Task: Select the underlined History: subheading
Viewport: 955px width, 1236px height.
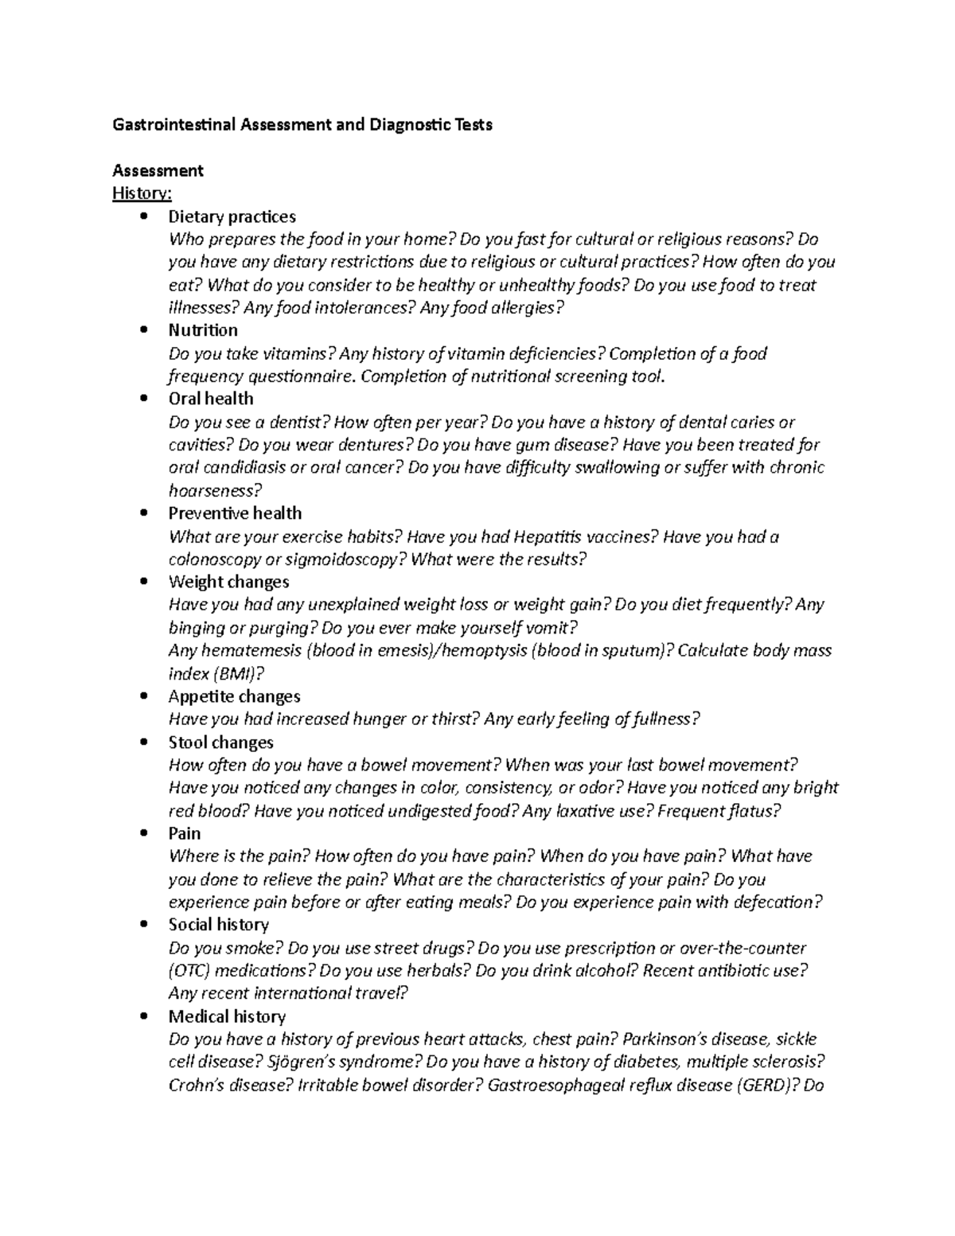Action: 142,193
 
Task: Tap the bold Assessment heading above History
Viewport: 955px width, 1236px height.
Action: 158,170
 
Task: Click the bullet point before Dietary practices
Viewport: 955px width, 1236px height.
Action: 143,216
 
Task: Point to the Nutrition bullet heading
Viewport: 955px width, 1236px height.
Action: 203,330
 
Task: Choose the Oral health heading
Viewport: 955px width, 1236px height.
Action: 211,399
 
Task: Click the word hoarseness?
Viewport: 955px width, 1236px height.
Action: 215,491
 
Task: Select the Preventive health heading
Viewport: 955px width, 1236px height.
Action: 235,513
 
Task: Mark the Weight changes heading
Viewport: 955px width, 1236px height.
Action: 228,583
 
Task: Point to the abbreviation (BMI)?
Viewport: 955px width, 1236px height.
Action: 238,674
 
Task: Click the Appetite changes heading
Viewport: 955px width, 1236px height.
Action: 234,697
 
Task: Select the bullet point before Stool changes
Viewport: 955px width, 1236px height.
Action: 143,743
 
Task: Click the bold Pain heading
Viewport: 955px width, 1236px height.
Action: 185,833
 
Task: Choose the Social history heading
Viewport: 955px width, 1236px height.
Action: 218,925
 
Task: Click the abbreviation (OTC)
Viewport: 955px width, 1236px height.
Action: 189,971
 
